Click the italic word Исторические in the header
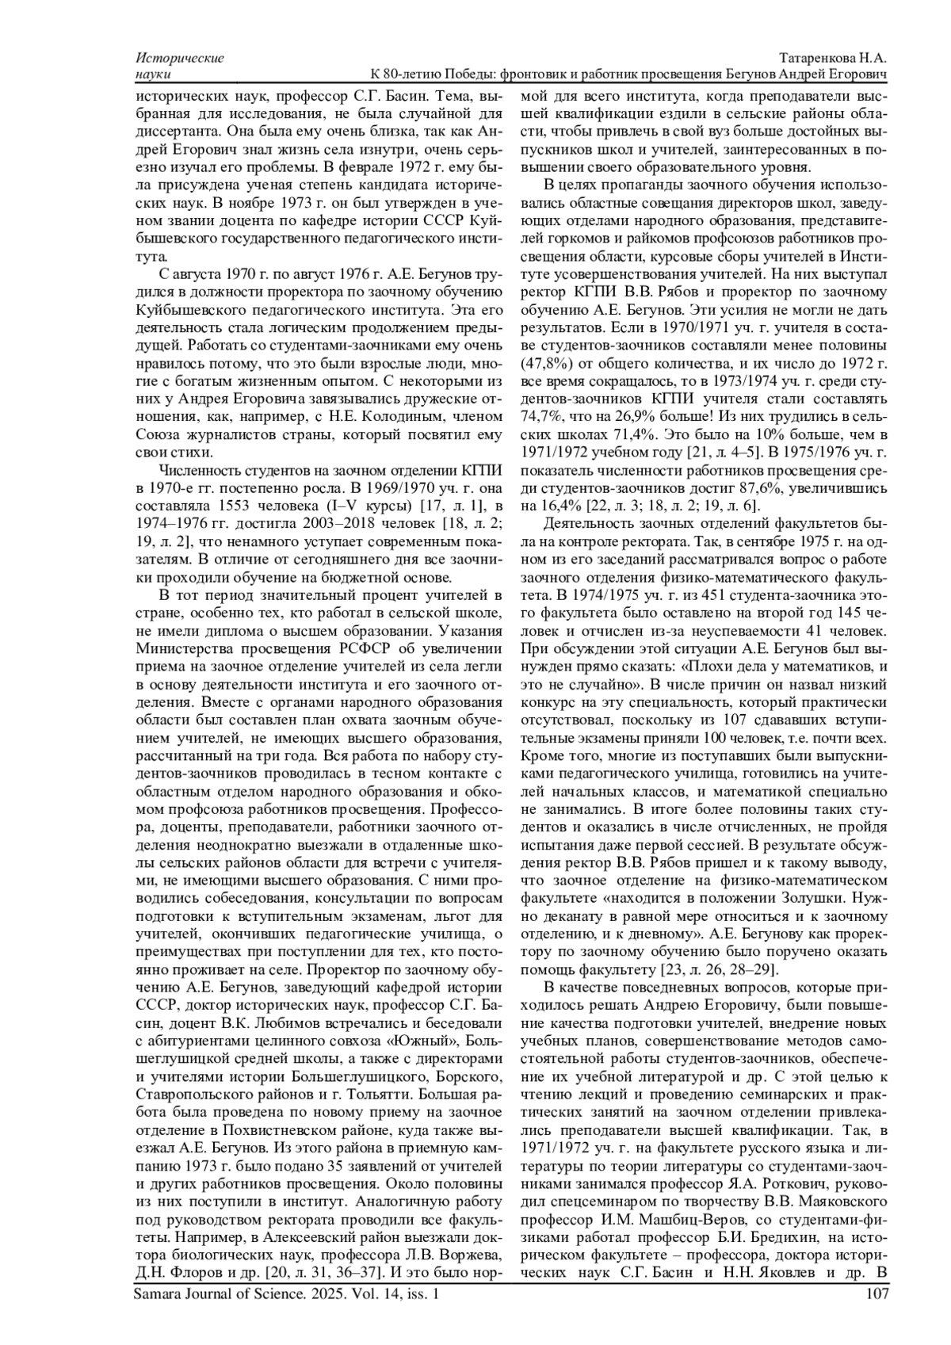[x=180, y=59]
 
